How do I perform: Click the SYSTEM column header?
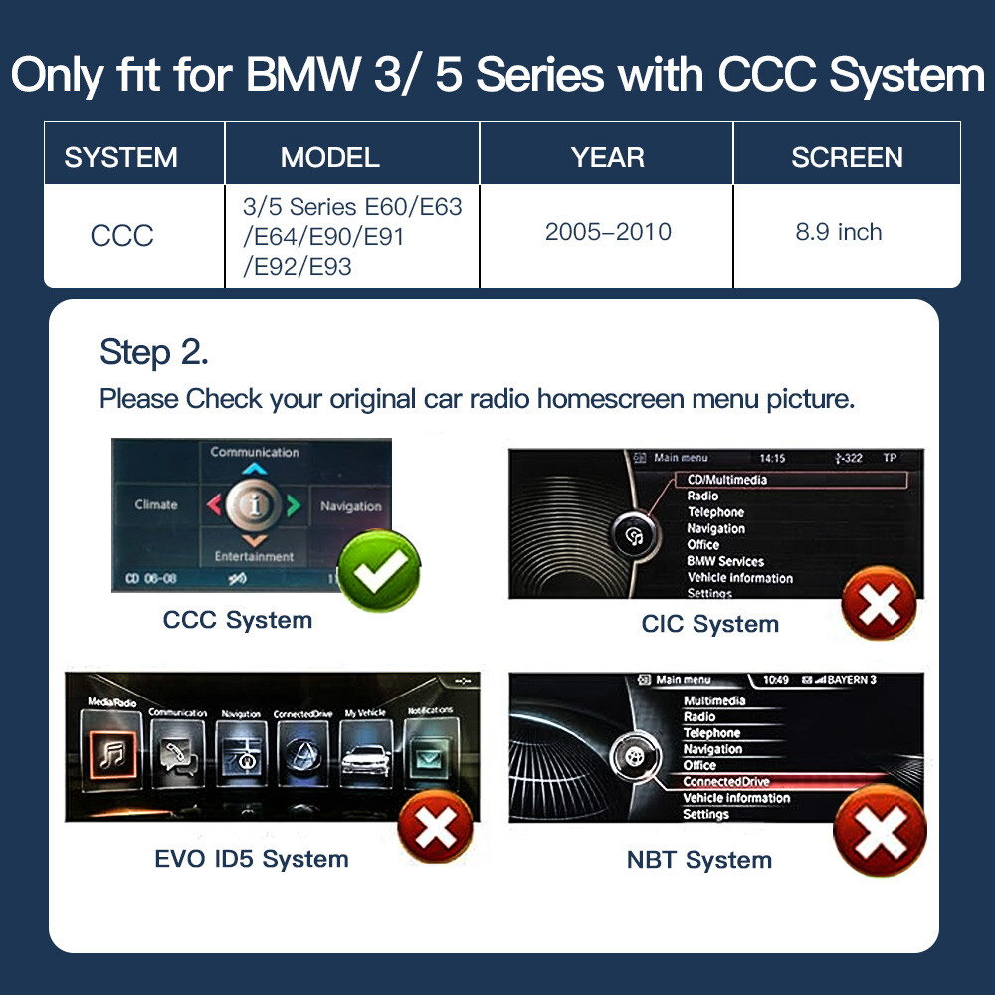pos(120,157)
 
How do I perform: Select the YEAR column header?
pos(607,157)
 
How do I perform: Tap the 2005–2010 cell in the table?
pos(607,232)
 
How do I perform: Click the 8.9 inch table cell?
pos(838,232)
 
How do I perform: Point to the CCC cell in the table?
pos(121,236)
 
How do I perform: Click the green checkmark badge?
pos(379,570)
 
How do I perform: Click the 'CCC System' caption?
pos(238,620)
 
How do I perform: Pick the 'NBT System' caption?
pos(698,860)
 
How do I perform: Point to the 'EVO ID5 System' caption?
pos(252,859)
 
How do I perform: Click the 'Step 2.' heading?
pos(154,352)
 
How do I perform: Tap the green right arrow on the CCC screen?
pos(293,505)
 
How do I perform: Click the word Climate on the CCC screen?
pos(156,504)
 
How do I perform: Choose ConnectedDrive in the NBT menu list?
pos(726,782)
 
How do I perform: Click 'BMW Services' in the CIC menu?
pos(725,561)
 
